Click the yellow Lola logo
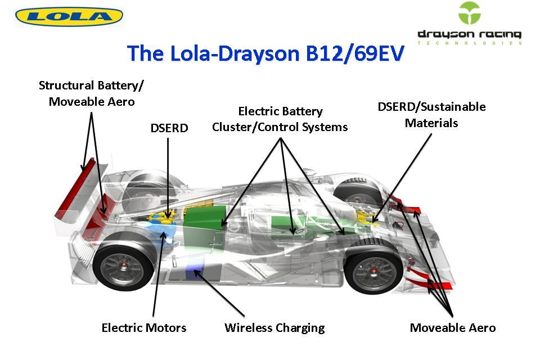click(x=69, y=16)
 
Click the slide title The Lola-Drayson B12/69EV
click(x=265, y=53)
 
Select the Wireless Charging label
click(x=274, y=327)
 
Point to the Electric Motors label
click(x=143, y=327)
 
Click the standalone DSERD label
click(x=169, y=128)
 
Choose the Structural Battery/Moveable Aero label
click(x=91, y=93)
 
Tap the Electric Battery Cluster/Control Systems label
click(x=280, y=119)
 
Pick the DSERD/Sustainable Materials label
click(x=431, y=114)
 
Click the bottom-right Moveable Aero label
click(x=453, y=327)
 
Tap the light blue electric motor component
click(x=160, y=231)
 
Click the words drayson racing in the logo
click(x=469, y=35)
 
